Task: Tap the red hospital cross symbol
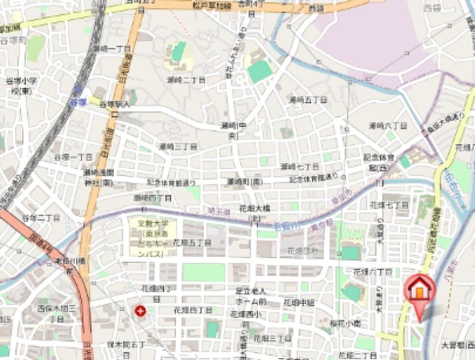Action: coord(140,310)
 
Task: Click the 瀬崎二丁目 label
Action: coord(186,80)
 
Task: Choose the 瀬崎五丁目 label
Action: coord(308,100)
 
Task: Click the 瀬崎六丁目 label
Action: coord(388,126)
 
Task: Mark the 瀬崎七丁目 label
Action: coord(300,166)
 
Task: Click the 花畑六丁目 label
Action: coord(372,271)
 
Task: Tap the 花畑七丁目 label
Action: coord(389,205)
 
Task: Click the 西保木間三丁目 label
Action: coord(58,313)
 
